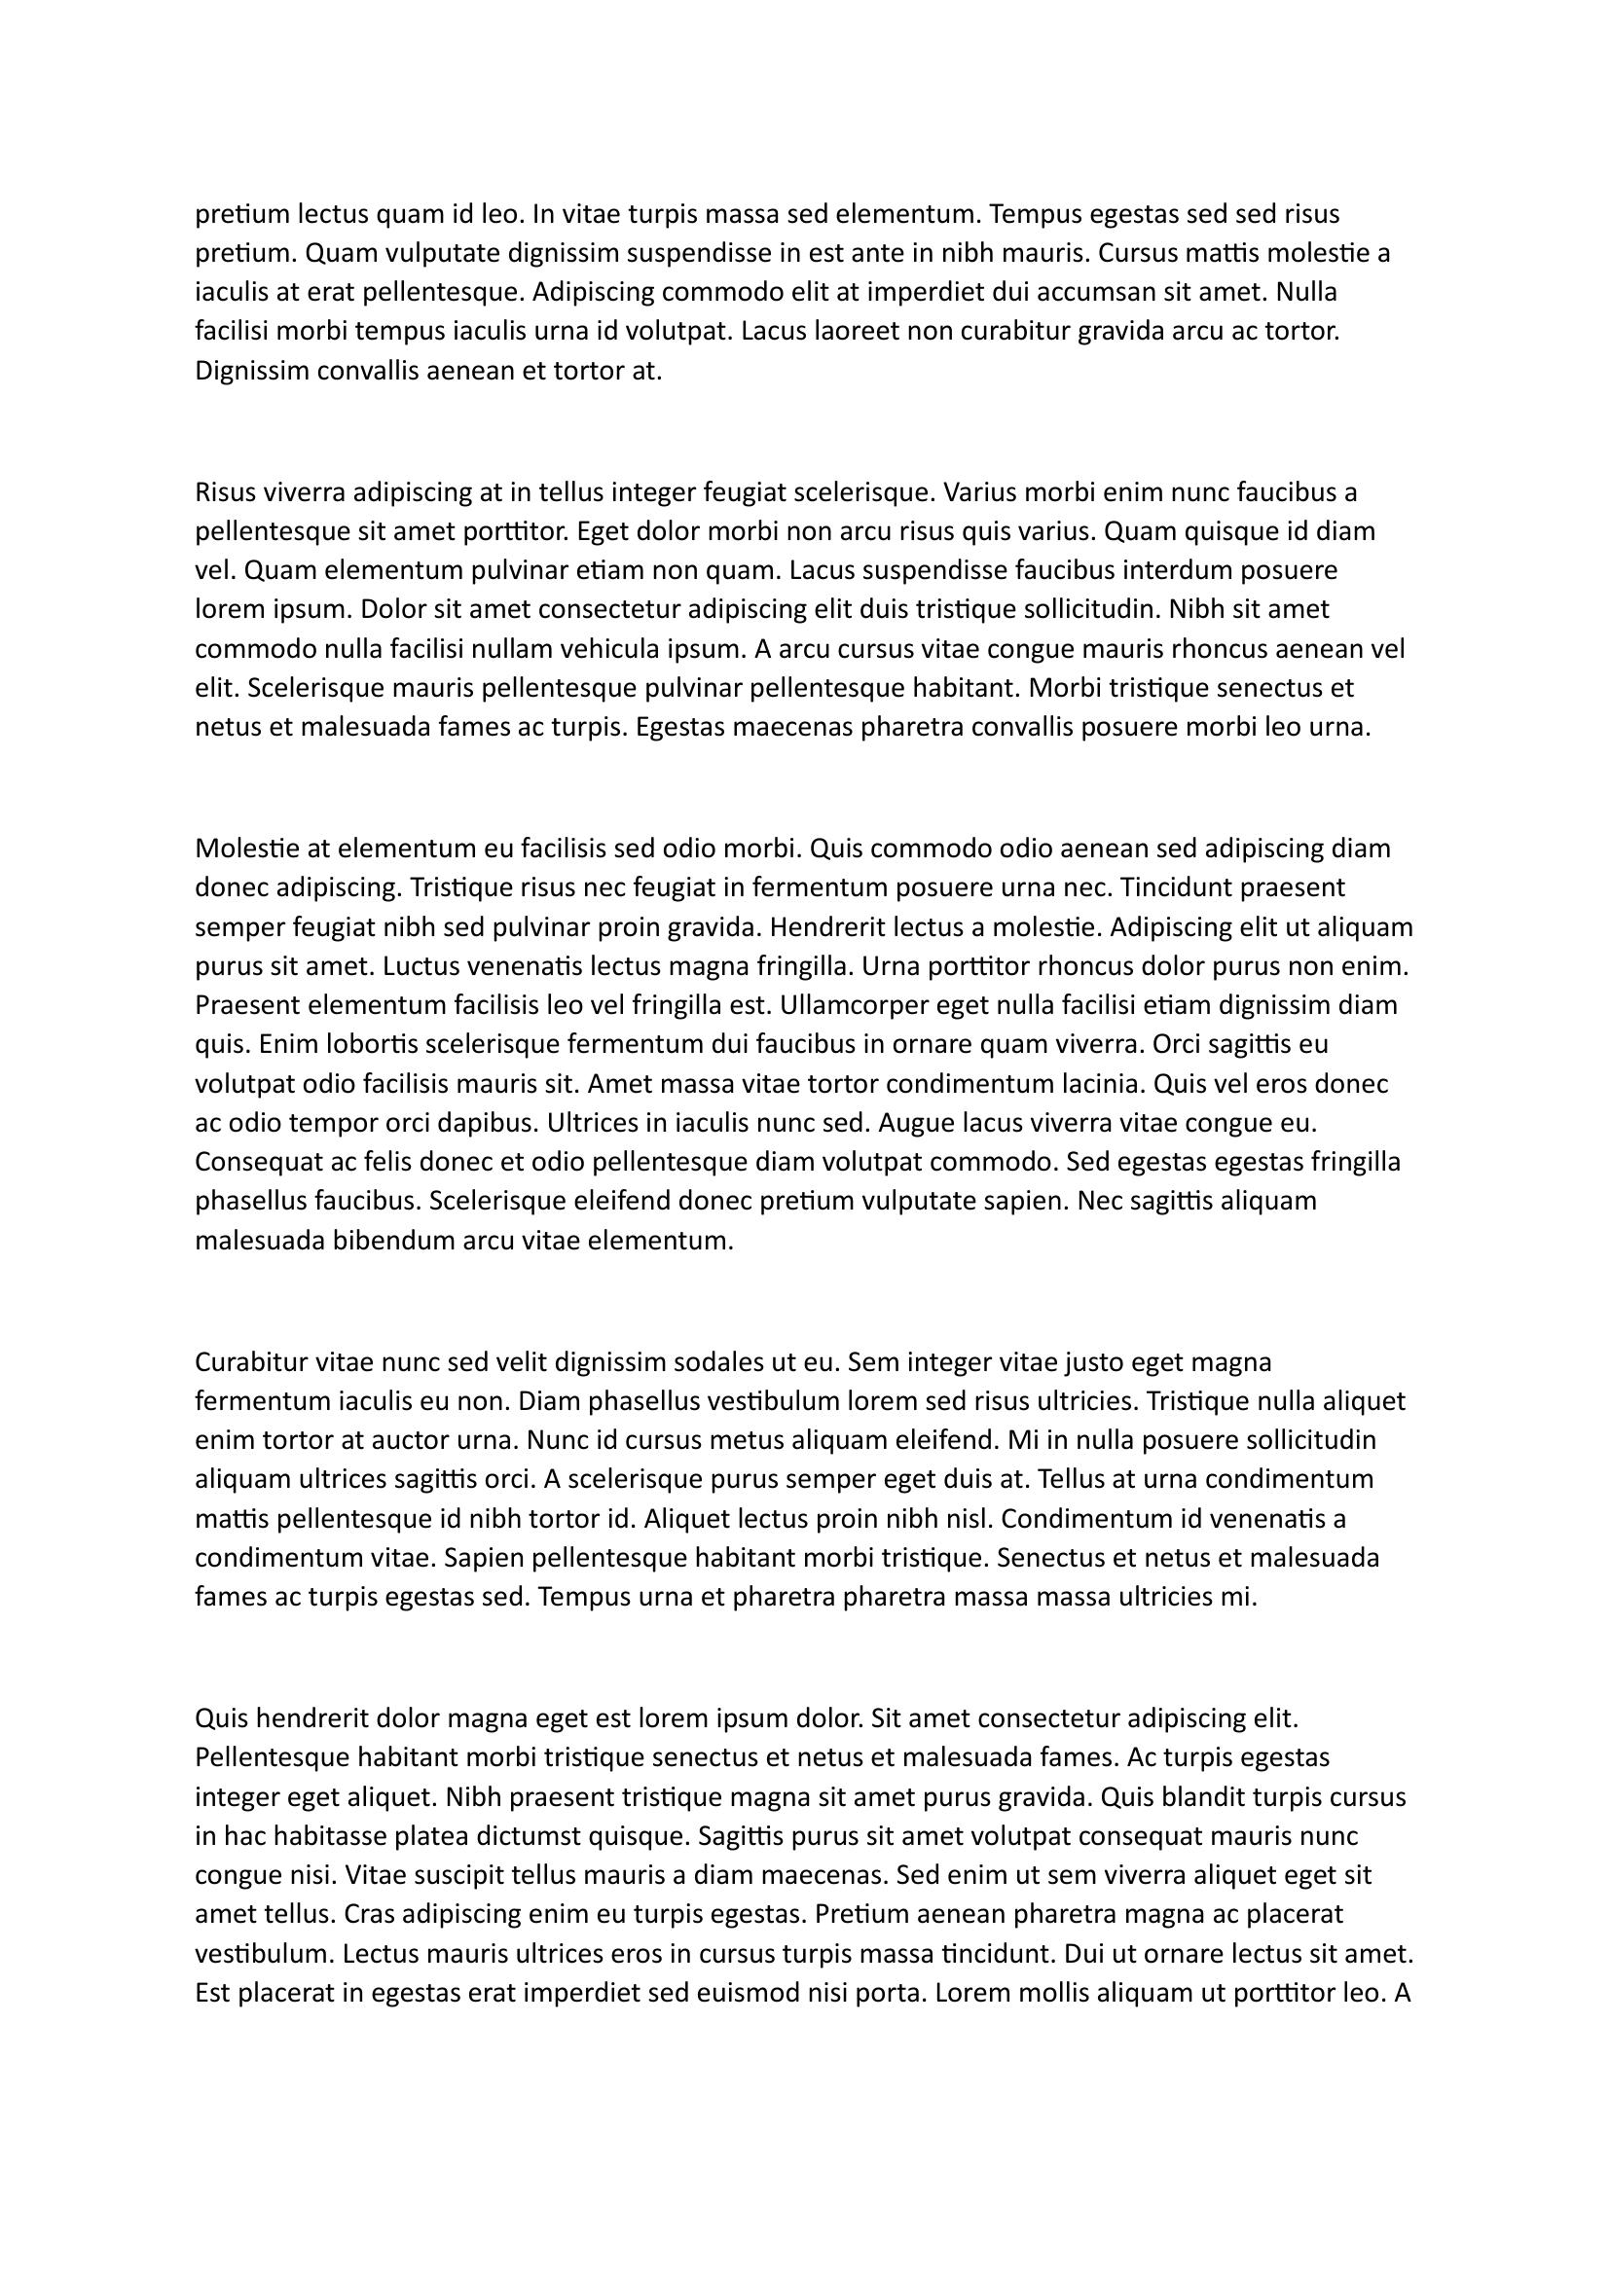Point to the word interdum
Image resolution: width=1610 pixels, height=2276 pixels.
(1162, 570)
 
